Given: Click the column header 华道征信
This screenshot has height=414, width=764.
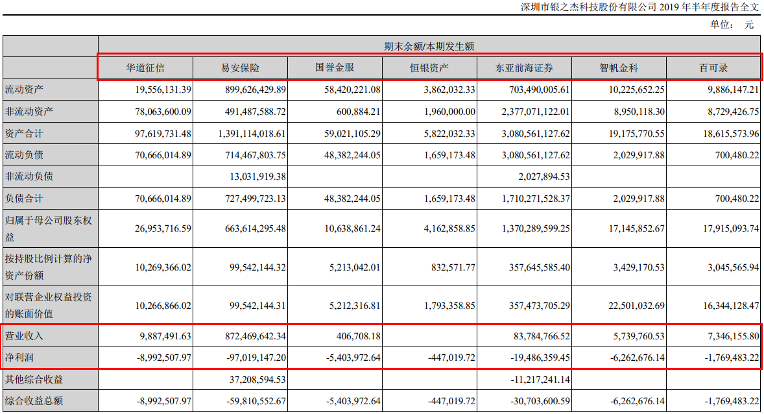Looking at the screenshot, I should pos(145,67).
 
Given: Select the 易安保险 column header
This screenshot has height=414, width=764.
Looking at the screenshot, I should pos(240,67).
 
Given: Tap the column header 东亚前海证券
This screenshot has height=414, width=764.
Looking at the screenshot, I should pos(524,67).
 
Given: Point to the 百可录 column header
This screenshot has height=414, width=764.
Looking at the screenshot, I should pos(713,67).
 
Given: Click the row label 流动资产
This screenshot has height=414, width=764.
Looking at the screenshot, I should pos(20,88).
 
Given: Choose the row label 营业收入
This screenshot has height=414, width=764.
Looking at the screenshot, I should pos(20,336).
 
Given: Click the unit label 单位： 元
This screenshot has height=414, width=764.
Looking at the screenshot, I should pos(732,25).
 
